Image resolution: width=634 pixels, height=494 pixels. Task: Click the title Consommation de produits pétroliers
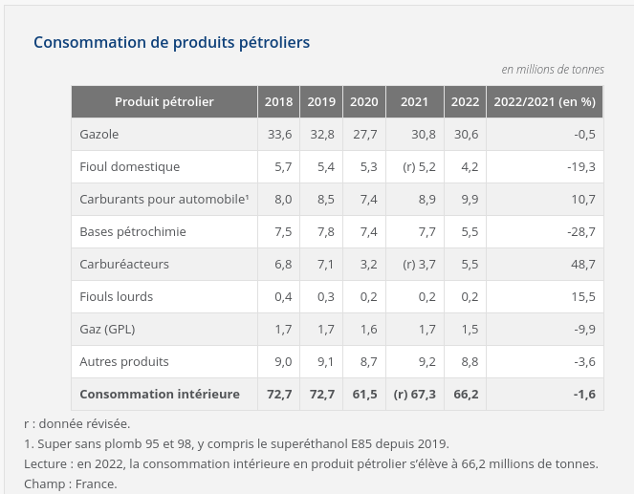coord(171,43)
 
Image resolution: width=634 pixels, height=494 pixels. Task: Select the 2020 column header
coord(363,102)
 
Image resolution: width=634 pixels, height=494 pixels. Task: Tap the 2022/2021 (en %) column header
coord(543,102)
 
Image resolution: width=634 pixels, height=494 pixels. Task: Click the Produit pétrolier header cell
coord(164,102)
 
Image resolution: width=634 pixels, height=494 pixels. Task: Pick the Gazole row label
coord(99,135)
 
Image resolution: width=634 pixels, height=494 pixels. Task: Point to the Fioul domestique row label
coord(130,167)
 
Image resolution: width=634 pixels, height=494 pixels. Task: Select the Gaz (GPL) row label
coord(107,330)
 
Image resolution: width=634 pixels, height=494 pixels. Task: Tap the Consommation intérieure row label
coord(160,394)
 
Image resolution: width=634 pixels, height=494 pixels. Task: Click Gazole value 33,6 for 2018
coord(280,135)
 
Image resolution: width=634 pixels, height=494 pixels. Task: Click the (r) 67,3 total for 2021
coord(414,394)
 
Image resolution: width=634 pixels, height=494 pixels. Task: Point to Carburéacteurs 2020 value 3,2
coord(369,265)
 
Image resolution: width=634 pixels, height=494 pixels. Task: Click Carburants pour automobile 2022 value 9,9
coord(469,200)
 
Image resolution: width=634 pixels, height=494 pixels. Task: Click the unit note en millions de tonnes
coord(553,70)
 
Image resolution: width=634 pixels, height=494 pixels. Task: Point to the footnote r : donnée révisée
coord(77,423)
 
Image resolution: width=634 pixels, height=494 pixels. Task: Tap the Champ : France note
coord(71,483)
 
